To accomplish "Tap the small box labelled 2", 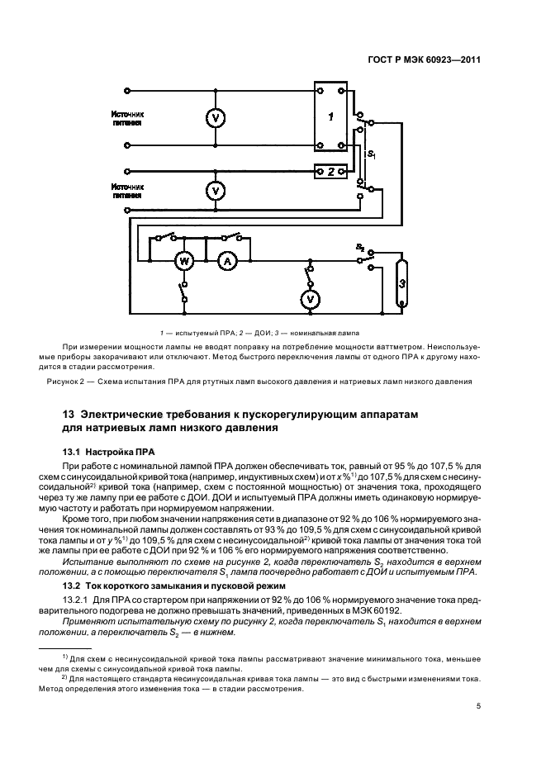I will coord(330,172).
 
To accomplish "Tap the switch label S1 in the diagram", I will coord(372,154).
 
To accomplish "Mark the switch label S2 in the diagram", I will coord(360,247).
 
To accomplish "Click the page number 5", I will coord(479,705).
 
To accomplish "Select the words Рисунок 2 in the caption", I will coord(68,382).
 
